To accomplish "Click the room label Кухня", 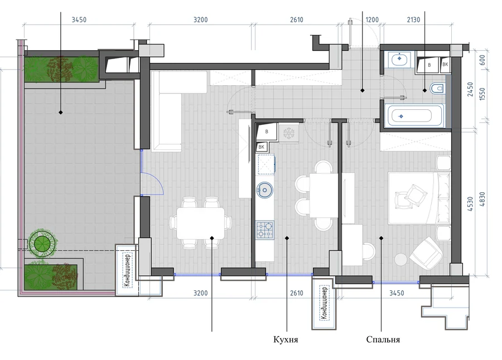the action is coord(286,339).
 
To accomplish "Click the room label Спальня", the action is coord(383,339).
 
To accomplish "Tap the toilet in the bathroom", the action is coord(438,88).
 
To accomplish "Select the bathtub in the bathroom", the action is coord(414,116).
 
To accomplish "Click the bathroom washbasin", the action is coord(399,59).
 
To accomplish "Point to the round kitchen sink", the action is coord(264,190).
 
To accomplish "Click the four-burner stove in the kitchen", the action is coord(265,230).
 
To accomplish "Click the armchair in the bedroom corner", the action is coord(426,252).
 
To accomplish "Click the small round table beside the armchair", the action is coord(401,259).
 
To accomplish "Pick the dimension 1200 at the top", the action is coord(372,20).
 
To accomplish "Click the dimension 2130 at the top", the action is coord(413,20).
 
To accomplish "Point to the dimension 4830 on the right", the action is coord(482,199).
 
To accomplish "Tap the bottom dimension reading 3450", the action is coord(397,293).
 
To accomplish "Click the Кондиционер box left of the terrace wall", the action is coord(127,270).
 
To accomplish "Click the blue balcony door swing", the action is coord(153,183).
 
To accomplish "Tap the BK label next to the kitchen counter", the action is coord(261,147).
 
